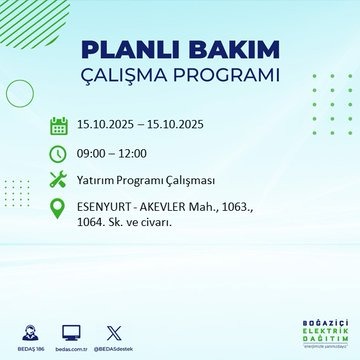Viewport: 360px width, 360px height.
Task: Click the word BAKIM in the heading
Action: point(226,50)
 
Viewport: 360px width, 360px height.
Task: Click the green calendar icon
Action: point(58,126)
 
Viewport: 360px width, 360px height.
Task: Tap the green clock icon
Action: point(58,153)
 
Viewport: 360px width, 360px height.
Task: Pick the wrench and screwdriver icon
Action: point(58,180)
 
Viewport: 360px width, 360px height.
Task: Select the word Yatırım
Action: point(99,180)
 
